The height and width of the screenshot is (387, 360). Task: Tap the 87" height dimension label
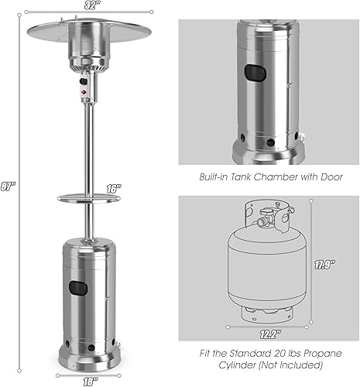click(x=10, y=187)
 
